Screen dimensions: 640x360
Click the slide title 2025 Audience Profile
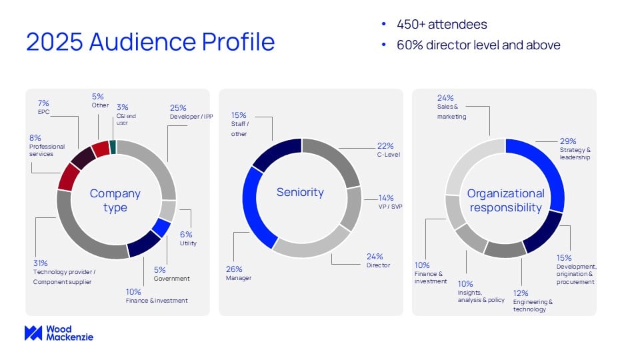click(x=150, y=41)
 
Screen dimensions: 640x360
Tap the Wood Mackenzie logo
click(x=59, y=333)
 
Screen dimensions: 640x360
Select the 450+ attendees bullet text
click(x=441, y=25)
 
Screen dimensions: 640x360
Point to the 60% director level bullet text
click(x=479, y=45)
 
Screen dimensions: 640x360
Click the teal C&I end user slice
click(x=113, y=147)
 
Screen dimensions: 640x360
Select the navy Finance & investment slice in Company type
click(x=143, y=245)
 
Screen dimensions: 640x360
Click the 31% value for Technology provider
click(x=41, y=263)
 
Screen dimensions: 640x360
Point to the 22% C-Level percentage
click(x=385, y=146)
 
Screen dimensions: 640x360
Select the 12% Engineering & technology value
click(x=521, y=293)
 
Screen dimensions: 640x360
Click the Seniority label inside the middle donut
click(x=300, y=192)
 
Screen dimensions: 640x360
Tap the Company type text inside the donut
click(x=115, y=201)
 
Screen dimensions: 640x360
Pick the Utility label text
click(x=188, y=243)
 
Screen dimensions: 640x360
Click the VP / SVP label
click(x=390, y=207)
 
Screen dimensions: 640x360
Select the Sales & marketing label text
click(x=451, y=111)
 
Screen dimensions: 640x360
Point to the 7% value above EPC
click(x=43, y=103)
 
